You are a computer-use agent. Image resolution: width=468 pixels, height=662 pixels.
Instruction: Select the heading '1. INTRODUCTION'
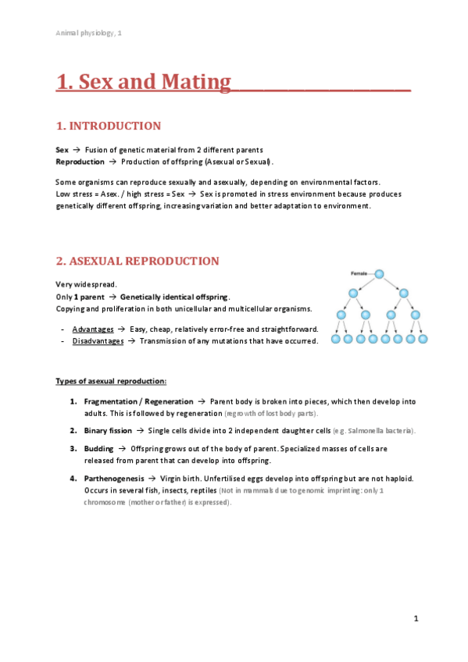(x=109, y=126)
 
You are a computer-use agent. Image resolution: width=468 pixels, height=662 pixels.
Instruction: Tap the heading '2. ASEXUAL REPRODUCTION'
(x=138, y=261)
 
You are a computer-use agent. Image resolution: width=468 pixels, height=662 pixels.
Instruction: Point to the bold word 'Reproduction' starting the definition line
(x=80, y=162)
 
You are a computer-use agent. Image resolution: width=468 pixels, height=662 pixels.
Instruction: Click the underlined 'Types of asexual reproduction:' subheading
(x=110, y=381)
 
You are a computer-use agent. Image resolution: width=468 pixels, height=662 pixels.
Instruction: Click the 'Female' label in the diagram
(x=359, y=274)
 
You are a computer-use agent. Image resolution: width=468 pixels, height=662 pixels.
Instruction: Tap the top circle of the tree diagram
(x=379, y=274)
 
